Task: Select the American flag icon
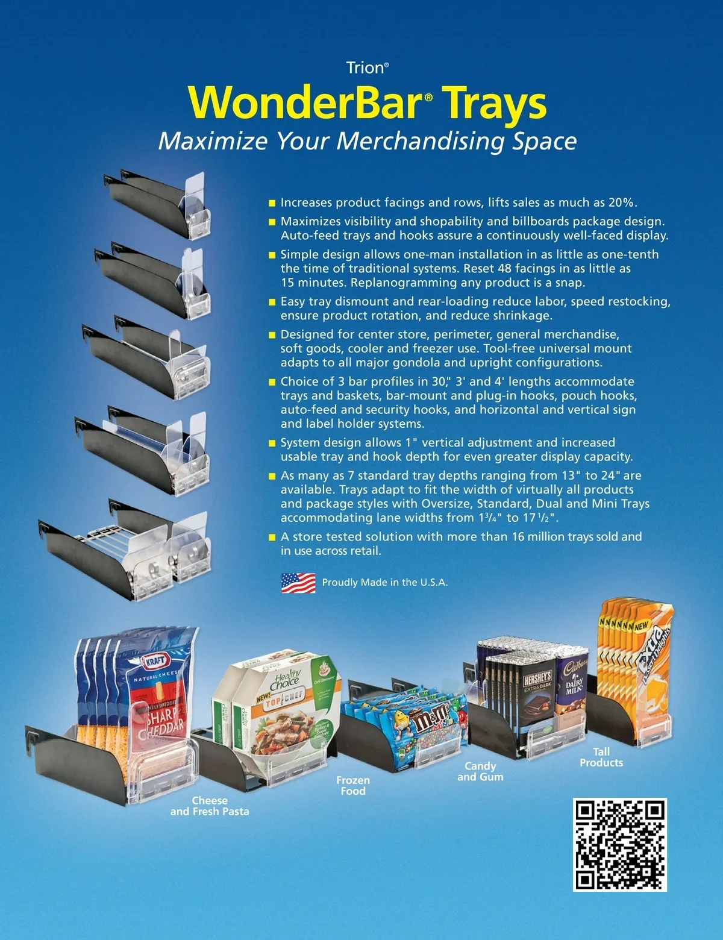tap(298, 583)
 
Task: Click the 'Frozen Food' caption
tap(353, 786)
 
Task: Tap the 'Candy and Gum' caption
tap(480, 771)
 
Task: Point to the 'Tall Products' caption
tap(601, 757)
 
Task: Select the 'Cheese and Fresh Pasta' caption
tap(210, 806)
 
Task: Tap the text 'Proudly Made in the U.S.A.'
tap(385, 583)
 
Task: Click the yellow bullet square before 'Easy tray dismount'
tap(272, 302)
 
